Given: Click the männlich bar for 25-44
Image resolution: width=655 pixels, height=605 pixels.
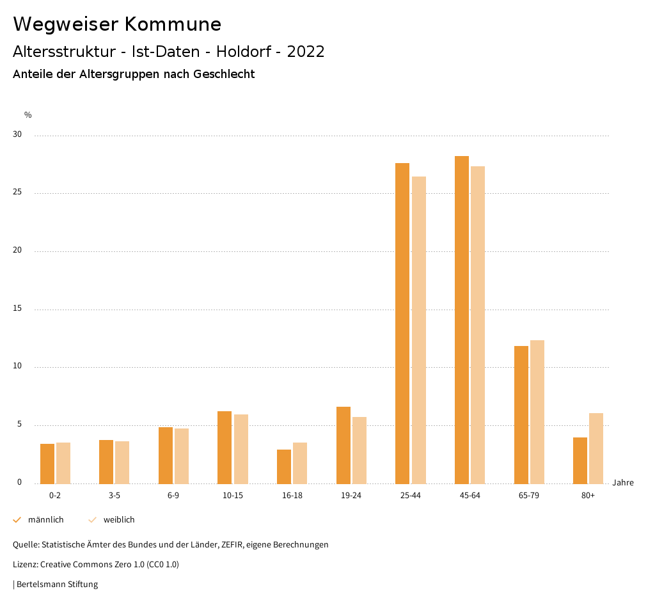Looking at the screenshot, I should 402,323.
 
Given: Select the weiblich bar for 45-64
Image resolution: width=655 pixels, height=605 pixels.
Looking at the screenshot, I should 478,325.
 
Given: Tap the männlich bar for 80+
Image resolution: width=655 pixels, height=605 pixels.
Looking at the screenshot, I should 580,460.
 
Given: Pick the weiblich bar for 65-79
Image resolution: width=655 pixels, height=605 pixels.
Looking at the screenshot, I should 537,412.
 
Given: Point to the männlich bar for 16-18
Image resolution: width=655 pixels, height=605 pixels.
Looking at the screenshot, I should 284,466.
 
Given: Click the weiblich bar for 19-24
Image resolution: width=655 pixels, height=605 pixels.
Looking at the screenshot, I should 359,450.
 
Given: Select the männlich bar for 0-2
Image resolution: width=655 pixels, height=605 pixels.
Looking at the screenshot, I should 47,464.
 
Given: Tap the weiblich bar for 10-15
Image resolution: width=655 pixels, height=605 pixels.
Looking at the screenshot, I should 241,449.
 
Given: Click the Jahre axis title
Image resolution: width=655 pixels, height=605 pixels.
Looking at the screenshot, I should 623,483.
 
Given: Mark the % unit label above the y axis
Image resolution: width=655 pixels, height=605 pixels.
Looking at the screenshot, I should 28,115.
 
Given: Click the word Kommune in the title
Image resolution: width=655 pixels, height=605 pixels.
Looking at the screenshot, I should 173,24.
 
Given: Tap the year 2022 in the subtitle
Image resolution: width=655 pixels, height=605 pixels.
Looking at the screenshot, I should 306,52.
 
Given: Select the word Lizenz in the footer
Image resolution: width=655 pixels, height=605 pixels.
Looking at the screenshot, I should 25,565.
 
